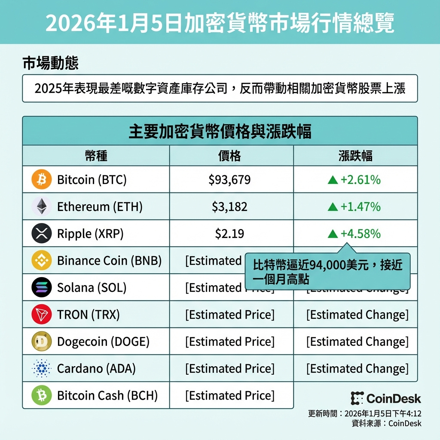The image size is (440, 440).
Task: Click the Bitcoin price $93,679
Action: click(229, 180)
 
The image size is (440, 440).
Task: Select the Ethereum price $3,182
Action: click(229, 207)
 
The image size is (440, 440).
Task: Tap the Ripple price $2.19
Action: click(229, 234)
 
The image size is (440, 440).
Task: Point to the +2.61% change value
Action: click(354, 180)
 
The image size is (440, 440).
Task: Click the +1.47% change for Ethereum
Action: click(354, 207)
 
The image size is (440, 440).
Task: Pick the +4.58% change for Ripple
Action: click(354, 234)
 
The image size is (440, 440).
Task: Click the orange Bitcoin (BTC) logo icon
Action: click(42, 180)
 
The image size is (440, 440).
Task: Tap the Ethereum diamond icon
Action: click(42, 207)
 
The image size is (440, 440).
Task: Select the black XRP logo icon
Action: click(42, 234)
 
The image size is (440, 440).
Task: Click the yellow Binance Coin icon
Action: click(42, 260)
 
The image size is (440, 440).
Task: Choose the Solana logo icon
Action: click(42, 287)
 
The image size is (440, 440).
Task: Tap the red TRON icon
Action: click(42, 315)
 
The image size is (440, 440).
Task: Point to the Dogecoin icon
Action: click(42, 342)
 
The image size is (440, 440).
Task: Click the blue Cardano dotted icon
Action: click(42, 369)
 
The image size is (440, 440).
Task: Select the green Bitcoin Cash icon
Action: click(42, 395)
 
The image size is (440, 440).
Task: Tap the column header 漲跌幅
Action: click(355, 156)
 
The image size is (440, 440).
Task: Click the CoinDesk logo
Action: click(385, 398)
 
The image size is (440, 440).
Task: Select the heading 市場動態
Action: click(50, 64)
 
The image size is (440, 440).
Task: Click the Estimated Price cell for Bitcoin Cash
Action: click(229, 395)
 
